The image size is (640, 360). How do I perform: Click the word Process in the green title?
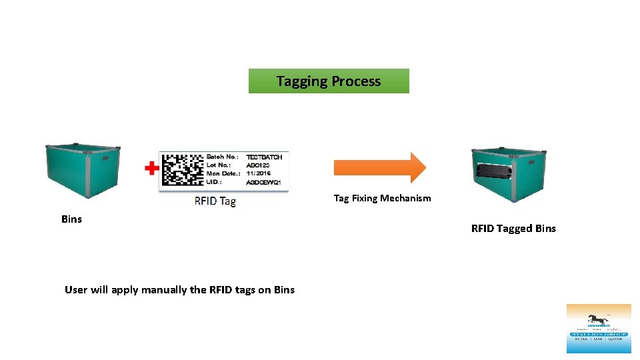coord(356,81)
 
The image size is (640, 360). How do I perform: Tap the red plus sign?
coord(152,168)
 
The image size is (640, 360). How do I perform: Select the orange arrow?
coord(379,167)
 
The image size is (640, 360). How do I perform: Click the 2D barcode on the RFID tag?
coord(183,169)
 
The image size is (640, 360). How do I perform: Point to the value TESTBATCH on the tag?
coord(265,157)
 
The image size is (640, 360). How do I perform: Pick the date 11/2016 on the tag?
coord(259,173)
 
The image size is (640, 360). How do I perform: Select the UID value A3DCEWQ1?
coord(263,181)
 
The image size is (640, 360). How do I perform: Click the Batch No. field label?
coord(223,157)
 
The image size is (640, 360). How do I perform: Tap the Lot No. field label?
coord(220,165)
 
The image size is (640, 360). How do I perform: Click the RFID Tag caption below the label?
coord(215,201)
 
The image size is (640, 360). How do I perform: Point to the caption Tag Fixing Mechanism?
coord(382,198)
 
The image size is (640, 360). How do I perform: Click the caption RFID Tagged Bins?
coord(513,229)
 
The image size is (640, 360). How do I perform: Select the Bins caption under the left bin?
coord(71,219)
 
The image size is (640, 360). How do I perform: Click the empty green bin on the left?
coord(82,169)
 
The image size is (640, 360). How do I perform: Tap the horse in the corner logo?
coord(598,319)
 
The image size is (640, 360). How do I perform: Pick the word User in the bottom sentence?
coord(76,289)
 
